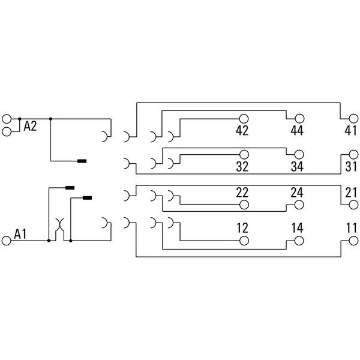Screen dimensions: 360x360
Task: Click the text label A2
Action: click(30, 126)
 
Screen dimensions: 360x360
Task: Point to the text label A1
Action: click(20, 234)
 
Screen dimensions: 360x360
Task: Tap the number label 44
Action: click(297, 130)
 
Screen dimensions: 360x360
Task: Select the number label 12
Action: click(242, 228)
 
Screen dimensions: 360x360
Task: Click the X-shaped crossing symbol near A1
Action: click(59, 225)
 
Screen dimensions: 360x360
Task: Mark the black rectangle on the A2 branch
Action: click(82, 161)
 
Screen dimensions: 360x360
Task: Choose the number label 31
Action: click(351, 166)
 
